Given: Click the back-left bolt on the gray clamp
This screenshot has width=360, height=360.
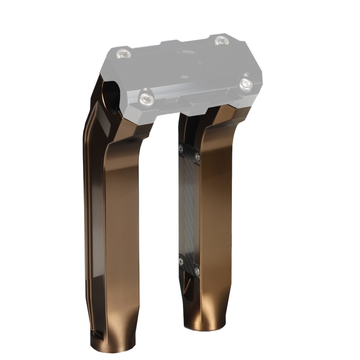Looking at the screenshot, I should (x=124, y=53).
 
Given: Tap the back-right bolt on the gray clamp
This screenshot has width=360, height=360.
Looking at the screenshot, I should (x=221, y=41).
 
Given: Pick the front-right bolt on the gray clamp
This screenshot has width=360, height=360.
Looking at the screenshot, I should (x=246, y=85).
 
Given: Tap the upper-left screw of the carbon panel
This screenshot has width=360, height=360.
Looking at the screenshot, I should (x=181, y=150).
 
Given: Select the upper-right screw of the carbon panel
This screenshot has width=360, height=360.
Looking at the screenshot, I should (x=197, y=158).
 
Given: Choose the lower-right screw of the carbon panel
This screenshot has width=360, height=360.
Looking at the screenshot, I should (x=197, y=270).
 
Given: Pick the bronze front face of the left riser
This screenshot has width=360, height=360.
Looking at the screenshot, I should (x=122, y=230).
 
